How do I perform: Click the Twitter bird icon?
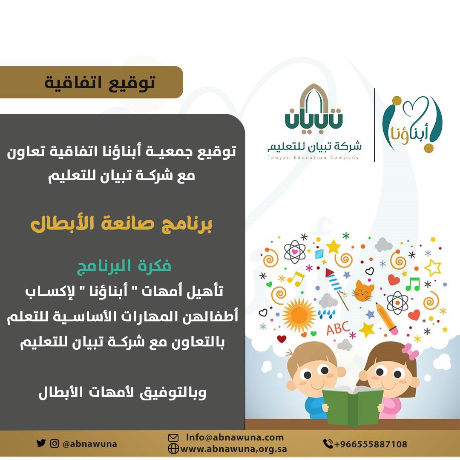point(41,443)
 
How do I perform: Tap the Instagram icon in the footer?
point(54,443)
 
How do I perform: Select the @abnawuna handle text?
point(90,443)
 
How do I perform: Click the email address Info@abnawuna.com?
point(235,437)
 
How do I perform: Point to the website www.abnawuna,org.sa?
point(233,449)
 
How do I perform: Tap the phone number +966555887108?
point(371,444)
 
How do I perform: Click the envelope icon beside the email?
point(173,438)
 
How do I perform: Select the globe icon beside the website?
point(173,449)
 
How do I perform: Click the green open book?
point(353,406)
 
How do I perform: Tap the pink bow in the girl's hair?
point(410,351)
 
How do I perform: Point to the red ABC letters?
point(338,328)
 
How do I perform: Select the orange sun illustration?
point(299,315)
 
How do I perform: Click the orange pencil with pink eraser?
point(387,319)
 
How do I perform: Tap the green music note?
point(413,284)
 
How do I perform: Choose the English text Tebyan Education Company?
point(313,158)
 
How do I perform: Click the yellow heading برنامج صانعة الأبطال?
point(121,224)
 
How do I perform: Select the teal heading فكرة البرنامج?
point(124,266)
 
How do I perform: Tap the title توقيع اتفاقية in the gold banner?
point(100,83)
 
